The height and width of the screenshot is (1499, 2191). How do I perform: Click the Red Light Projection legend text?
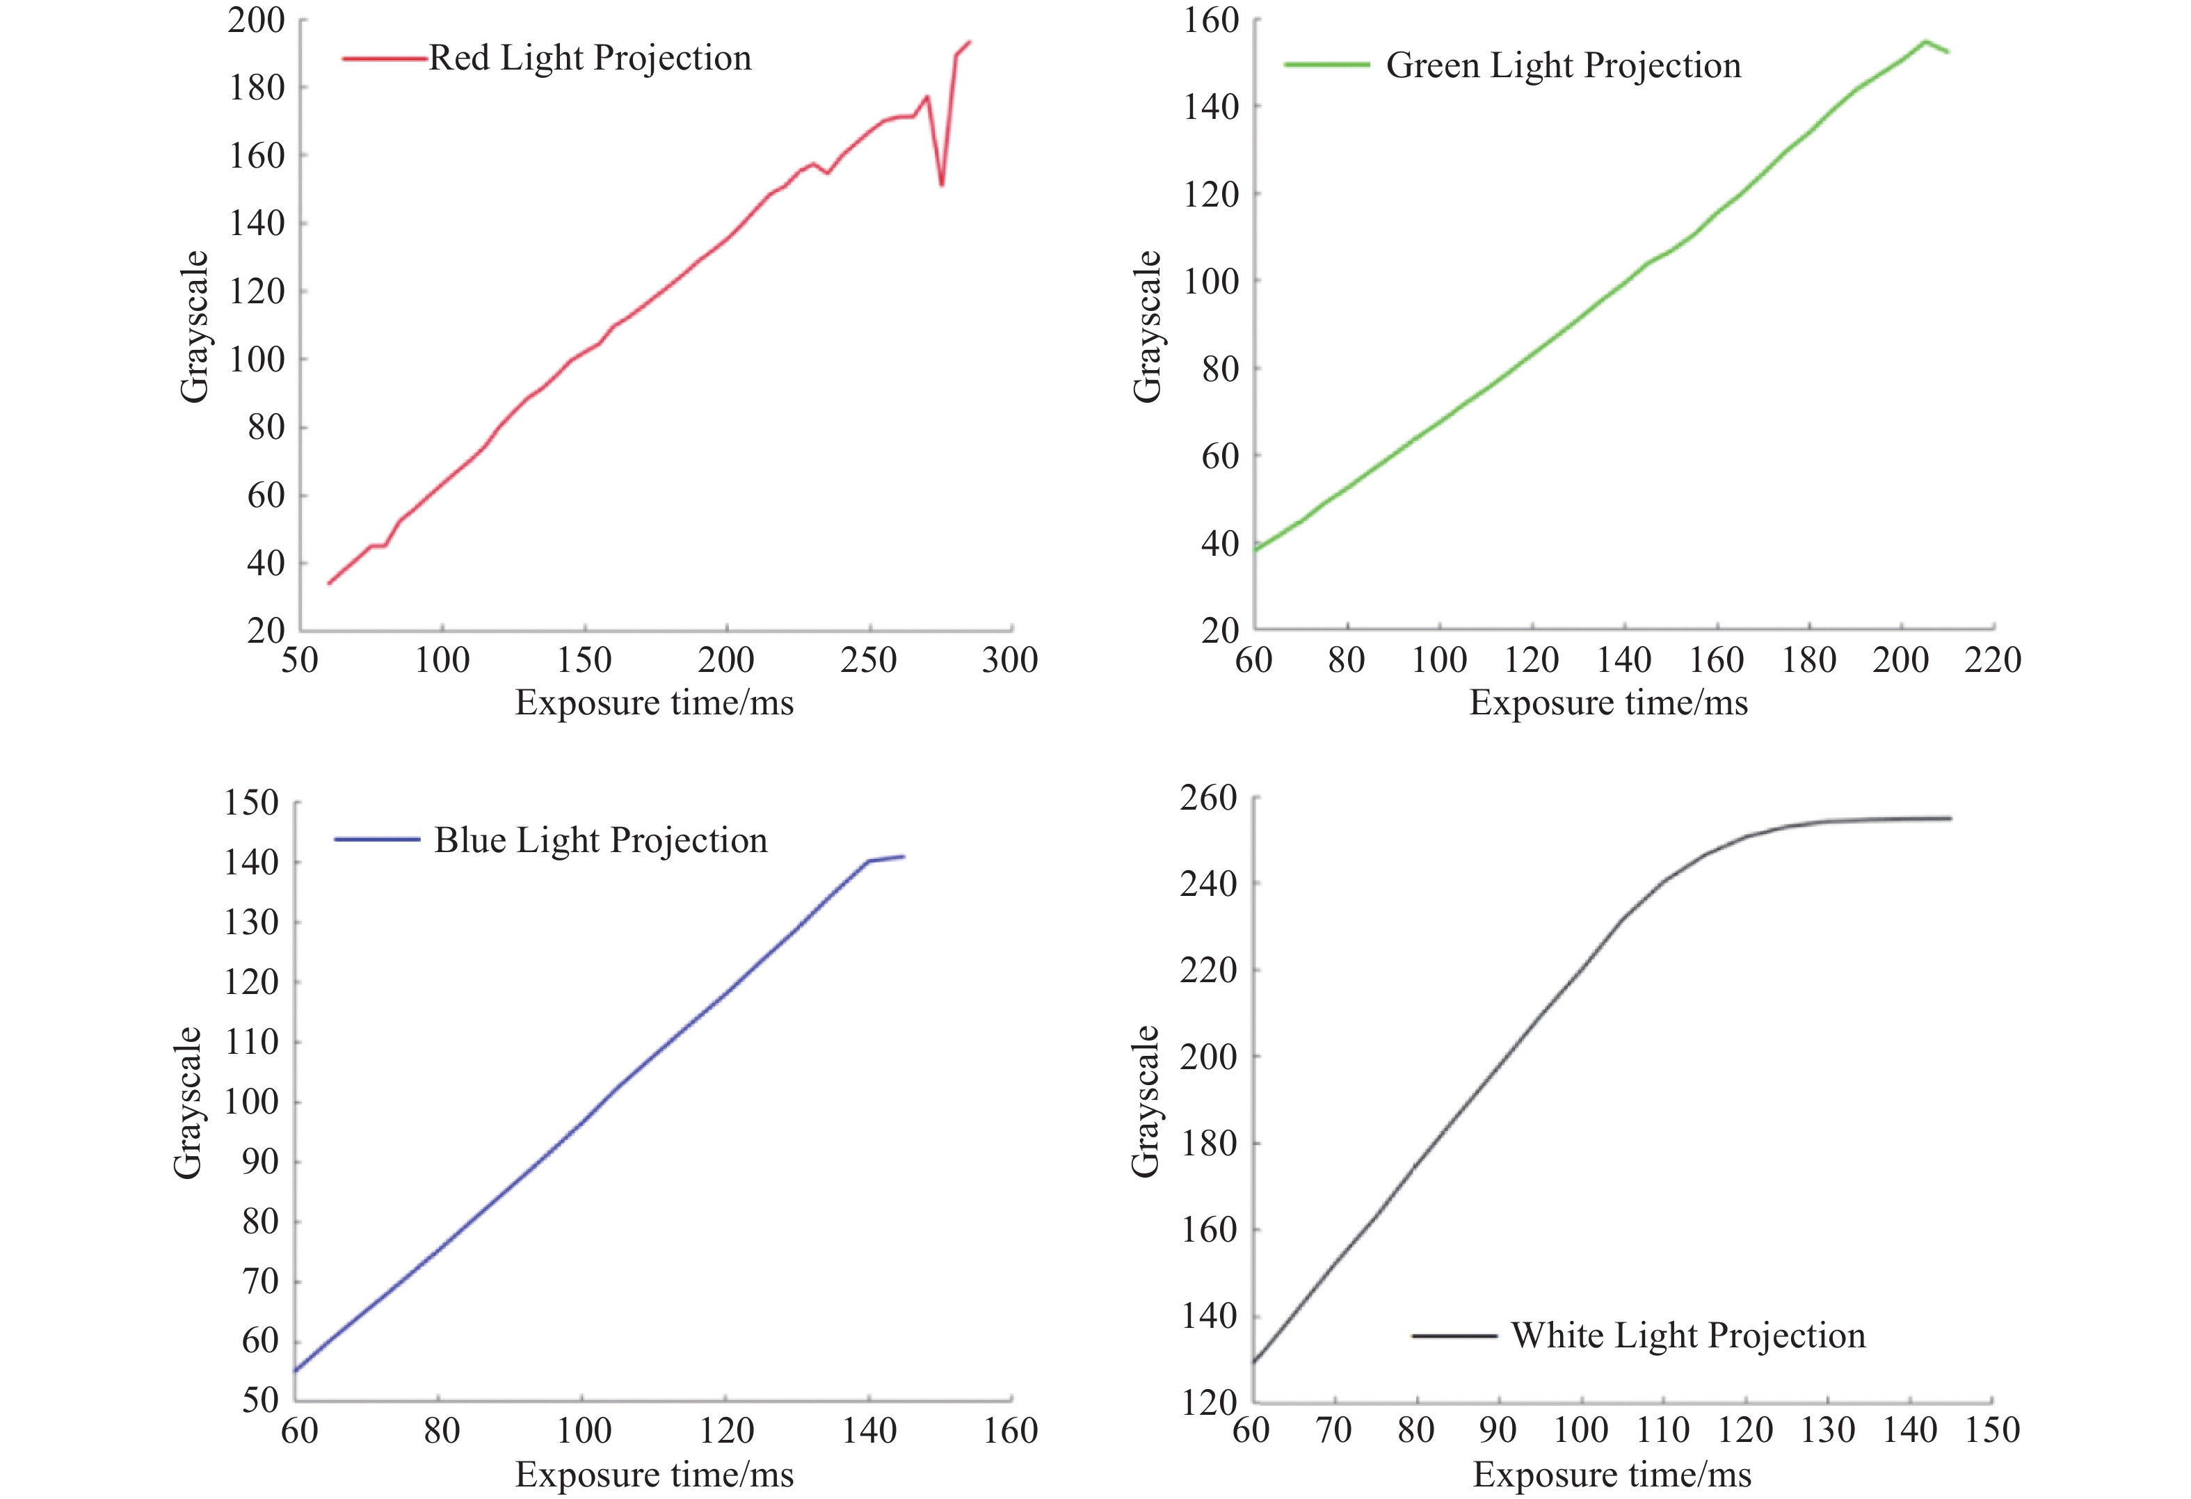(590, 58)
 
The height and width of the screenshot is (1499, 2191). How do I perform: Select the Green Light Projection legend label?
(1563, 66)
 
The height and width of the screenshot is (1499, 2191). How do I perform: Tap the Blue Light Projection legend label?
(600, 840)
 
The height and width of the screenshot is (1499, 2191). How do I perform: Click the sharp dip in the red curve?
(942, 184)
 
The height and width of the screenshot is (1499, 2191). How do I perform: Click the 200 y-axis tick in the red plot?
(257, 19)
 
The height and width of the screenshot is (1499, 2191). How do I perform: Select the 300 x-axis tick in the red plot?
(1010, 660)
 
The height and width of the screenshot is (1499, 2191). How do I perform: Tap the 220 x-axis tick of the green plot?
(1993, 660)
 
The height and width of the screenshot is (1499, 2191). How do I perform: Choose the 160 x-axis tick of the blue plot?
(1010, 1431)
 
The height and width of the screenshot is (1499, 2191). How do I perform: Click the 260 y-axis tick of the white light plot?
(1207, 798)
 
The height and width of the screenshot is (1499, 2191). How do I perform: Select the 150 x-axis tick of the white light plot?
(1992, 1430)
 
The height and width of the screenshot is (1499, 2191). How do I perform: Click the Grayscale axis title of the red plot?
(194, 326)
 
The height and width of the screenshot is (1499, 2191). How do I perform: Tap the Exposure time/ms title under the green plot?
(1608, 703)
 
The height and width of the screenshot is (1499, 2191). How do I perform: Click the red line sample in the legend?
(385, 58)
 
